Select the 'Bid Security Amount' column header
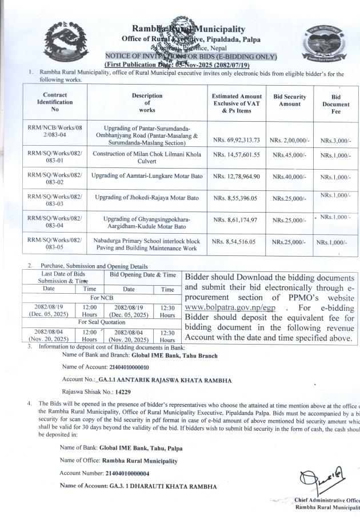coord(290,101)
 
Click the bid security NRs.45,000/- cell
coord(290,154)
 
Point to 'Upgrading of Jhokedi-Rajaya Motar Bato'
coord(147,198)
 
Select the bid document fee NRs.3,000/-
coord(335,139)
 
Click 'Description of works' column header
coord(147,102)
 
